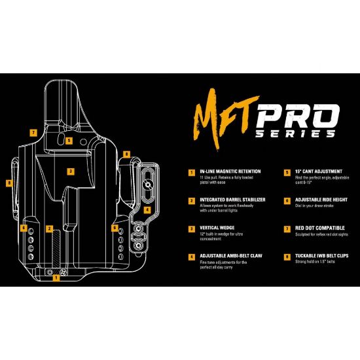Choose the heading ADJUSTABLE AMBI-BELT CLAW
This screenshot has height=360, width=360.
click(226, 256)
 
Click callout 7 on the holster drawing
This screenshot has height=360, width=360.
click(33, 132)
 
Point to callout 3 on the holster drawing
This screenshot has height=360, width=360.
click(69, 171)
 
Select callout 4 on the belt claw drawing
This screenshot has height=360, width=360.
click(147, 210)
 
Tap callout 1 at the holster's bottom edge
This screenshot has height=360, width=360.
click(56, 277)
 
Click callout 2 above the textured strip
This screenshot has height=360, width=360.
click(49, 228)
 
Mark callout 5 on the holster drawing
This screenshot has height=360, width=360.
click(69, 140)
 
